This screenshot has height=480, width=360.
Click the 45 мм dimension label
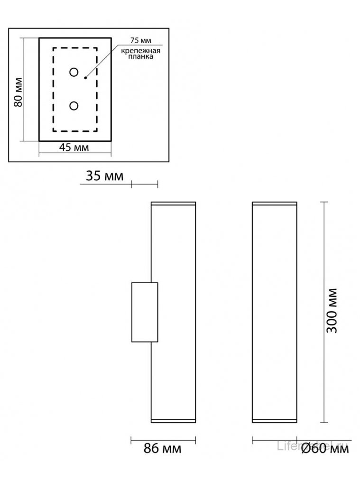74,147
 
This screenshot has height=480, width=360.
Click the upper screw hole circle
74,72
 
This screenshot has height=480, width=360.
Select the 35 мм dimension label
104,176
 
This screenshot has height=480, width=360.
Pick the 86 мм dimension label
163,448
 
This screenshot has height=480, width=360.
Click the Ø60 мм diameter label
324,448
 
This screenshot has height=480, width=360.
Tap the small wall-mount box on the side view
144,312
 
